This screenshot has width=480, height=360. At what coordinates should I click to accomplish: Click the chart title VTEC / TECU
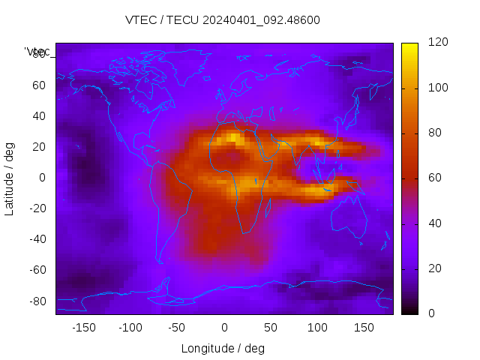tap(223, 20)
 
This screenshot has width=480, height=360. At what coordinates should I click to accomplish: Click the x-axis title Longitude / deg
tap(223, 348)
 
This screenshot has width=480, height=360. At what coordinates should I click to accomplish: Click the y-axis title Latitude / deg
tap(10, 177)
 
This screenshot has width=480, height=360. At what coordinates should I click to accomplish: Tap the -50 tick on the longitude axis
tap(177, 327)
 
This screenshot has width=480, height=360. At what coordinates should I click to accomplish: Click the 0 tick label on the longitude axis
tap(223, 327)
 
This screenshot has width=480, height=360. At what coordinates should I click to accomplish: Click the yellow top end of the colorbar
tap(409, 46)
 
